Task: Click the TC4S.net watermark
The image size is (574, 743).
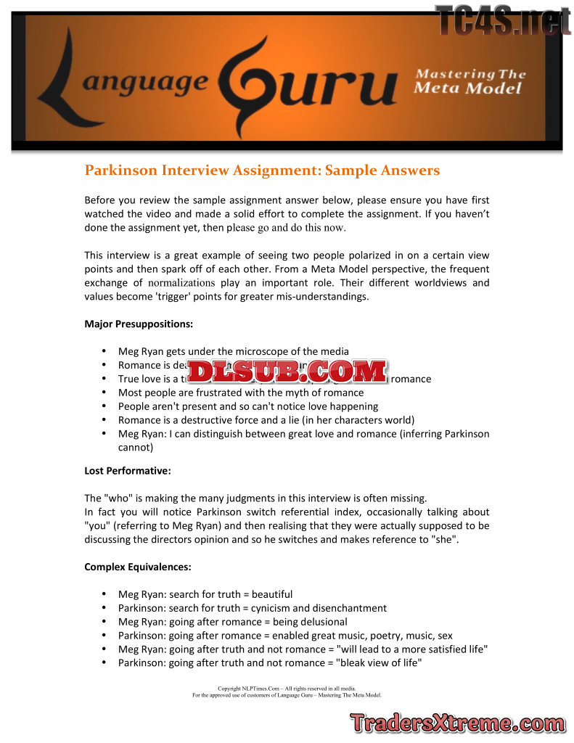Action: tap(502, 20)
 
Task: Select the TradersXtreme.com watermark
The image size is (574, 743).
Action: tap(457, 723)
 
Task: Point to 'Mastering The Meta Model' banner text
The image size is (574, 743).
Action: tap(469, 81)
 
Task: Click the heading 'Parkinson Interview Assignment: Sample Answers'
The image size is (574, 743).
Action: tap(262, 171)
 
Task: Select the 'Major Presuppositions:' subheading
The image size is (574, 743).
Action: tap(139, 324)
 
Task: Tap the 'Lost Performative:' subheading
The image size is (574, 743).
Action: tap(128, 470)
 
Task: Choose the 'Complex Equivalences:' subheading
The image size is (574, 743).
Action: tap(137, 567)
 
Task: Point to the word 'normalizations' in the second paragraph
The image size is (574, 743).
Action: tap(181, 283)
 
